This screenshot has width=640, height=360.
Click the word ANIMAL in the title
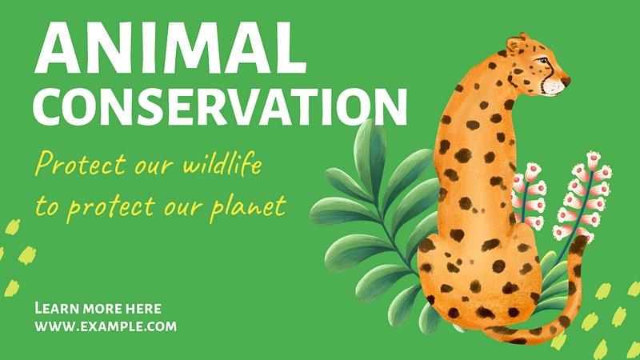[170, 47]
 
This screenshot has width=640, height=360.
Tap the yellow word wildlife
[222, 164]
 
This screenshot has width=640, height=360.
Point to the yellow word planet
[248, 206]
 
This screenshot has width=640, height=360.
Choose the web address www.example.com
[106, 326]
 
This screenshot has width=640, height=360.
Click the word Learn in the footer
[56, 308]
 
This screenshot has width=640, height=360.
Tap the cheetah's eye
[543, 61]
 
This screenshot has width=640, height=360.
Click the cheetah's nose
[566, 81]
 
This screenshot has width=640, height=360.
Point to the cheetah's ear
[516, 43]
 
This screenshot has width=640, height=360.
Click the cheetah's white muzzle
[553, 86]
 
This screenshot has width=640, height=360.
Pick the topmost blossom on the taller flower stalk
[594, 159]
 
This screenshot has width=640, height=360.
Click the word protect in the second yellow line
[110, 206]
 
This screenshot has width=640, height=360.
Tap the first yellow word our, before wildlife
[154, 166]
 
